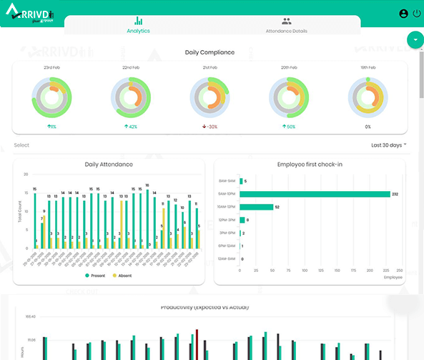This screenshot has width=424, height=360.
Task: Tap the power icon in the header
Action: (417, 14)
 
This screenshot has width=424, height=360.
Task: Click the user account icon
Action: (403, 14)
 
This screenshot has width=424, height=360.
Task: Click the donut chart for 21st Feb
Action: (209, 97)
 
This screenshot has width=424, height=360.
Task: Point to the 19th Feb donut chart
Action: (368, 97)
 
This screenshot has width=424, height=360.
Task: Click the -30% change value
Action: (209, 127)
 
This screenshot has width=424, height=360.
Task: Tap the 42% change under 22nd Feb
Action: (131, 127)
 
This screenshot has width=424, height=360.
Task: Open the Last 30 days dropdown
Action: (388, 145)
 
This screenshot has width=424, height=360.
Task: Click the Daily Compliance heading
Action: (209, 53)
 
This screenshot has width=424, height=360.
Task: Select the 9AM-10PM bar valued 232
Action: (315, 194)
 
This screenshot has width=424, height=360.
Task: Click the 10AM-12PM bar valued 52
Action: (256, 207)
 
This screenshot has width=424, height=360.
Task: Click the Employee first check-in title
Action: (310, 165)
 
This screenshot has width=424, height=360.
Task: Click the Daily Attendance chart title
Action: (109, 165)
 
